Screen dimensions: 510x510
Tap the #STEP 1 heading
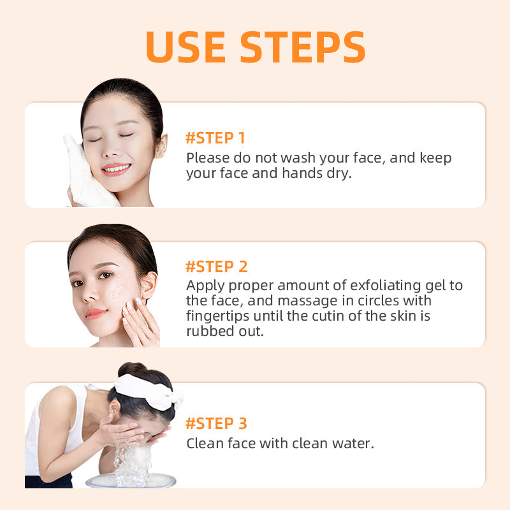pos(215,138)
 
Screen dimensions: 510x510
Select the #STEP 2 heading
pos(216,266)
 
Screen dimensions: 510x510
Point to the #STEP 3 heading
pos(216,423)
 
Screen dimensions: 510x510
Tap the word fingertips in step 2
pos(220,316)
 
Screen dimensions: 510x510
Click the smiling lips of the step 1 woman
pos(115,169)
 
